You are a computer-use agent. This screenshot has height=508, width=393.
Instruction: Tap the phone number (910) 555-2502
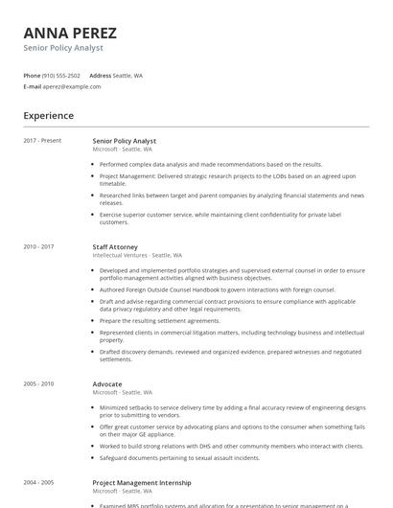click(61, 75)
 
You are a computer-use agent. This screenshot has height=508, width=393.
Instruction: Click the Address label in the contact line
click(100, 75)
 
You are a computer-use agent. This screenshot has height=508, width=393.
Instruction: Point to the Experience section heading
click(49, 116)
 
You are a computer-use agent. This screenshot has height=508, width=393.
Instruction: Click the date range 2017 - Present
click(42, 141)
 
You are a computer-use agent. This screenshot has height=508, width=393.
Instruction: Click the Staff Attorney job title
click(115, 246)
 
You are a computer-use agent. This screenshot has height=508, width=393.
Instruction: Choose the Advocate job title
click(106, 383)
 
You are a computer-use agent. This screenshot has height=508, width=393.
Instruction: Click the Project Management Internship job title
click(141, 483)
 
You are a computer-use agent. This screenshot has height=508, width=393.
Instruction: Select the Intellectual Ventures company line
click(137, 255)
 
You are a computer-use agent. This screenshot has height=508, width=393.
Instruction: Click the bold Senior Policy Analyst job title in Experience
click(124, 141)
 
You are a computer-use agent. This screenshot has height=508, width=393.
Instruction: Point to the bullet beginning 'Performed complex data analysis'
click(211, 164)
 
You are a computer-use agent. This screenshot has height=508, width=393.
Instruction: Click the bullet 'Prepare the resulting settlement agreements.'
click(160, 320)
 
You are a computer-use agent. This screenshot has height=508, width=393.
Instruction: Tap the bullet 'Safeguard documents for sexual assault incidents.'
click(179, 457)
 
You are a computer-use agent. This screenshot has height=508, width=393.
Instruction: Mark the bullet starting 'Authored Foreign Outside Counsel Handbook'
click(217, 289)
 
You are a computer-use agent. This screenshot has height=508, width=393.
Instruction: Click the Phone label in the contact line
click(32, 75)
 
